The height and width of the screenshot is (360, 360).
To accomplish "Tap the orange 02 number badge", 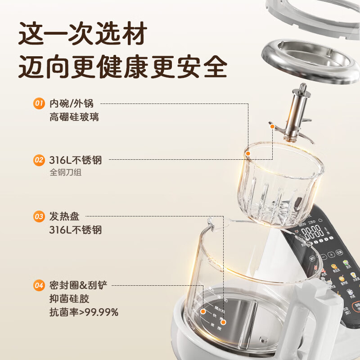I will [39, 159].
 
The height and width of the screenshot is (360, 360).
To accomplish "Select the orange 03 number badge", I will [39, 217].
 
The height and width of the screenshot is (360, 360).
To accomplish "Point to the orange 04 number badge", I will [39, 285].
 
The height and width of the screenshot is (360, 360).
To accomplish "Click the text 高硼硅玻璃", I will [74, 117].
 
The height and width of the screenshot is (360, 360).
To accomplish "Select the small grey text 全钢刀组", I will [66, 172].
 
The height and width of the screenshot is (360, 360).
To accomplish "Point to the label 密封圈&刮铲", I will [79, 285].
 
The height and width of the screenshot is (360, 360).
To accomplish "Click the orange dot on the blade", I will [272, 127].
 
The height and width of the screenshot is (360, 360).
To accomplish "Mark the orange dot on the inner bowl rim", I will [247, 154].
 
